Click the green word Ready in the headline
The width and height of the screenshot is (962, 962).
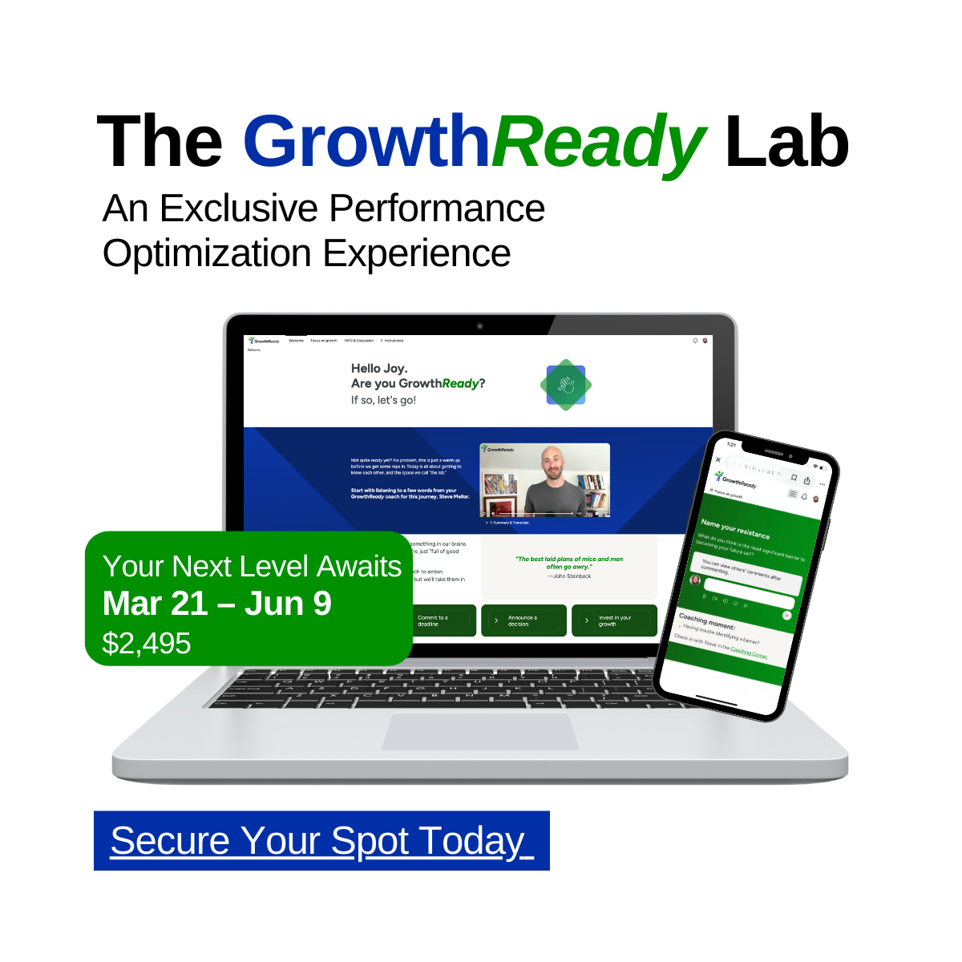[597, 142]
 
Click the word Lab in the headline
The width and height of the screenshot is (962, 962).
[786, 142]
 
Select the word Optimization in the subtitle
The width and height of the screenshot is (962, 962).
[207, 253]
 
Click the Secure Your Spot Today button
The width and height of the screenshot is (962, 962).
[321, 841]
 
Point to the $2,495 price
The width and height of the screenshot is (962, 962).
[147, 643]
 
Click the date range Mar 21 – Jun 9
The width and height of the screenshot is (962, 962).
[216, 604]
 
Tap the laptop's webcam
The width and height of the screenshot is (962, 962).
[479, 326]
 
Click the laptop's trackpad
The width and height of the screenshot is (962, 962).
[479, 730]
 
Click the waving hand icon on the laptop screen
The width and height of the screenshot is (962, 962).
[566, 386]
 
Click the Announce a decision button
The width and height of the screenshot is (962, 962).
[523, 620]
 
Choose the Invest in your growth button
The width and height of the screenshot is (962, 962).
[614, 620]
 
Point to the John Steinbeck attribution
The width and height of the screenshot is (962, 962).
[570, 576]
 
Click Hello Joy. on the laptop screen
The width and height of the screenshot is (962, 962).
[379, 368]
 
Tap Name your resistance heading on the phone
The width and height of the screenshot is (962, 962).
[734, 529]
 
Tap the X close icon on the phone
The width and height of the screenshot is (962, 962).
[718, 460]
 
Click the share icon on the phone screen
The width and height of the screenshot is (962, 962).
[807, 481]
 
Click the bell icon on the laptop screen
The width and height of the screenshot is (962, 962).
[695, 341]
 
